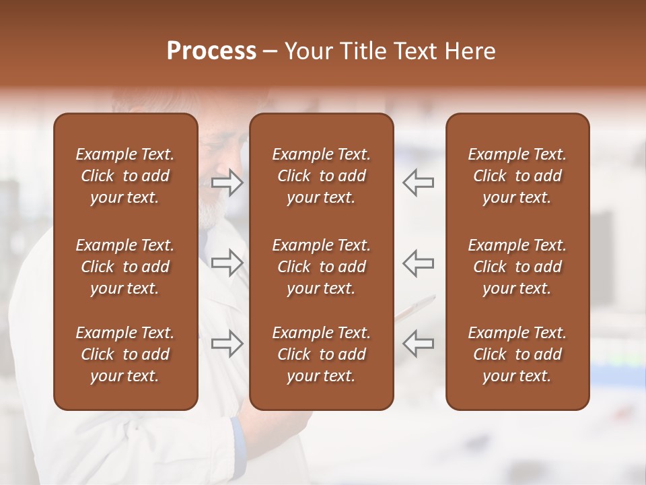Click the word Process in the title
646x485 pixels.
click(211, 51)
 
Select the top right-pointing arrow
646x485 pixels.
click(227, 183)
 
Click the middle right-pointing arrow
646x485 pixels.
click(227, 263)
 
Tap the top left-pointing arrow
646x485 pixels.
click(418, 183)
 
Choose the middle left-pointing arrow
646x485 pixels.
click(418, 263)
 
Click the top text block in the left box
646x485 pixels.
click(125, 176)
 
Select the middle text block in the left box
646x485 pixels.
click(125, 267)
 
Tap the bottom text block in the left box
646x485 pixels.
click(125, 354)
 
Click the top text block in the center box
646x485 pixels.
click(322, 176)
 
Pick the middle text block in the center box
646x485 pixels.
click(322, 267)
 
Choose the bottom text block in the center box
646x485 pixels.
click(322, 354)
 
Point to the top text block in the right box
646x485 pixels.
click(517, 176)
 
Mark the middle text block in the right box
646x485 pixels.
click(517, 267)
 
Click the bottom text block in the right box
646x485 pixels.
click(517, 354)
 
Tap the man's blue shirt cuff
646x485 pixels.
click(237, 431)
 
